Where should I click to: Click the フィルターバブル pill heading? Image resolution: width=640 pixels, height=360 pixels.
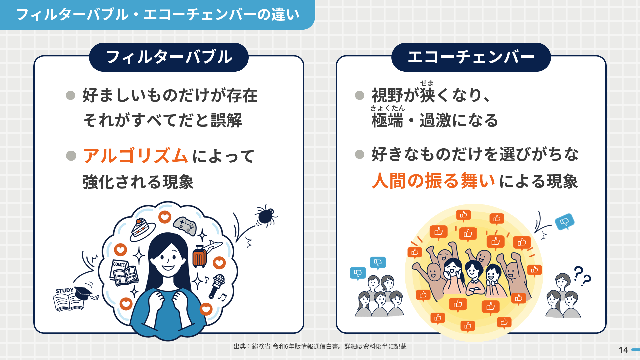169,57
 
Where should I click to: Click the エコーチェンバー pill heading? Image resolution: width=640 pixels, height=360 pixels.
471,57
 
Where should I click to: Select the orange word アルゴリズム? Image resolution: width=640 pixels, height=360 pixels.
136,156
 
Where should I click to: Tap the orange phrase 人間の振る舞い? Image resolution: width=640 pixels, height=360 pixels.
433,181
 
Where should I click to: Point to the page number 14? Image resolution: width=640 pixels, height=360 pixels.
623,350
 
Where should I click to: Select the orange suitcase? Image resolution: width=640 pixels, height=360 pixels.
199,256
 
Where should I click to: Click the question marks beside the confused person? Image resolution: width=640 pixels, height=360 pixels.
582,276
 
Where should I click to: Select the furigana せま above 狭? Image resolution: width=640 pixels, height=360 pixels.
427,83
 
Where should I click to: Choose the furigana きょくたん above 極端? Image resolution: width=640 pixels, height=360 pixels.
388,108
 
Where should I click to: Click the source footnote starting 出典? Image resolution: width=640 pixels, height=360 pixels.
320,346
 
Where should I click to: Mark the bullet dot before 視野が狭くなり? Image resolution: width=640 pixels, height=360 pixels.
360,95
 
